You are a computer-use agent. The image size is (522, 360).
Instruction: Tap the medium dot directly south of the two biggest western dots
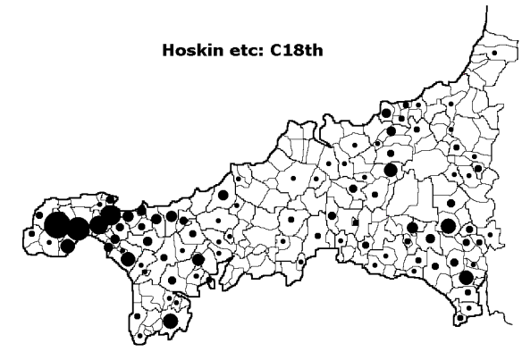(x=68, y=246)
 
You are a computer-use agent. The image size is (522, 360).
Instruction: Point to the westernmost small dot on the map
(x=32, y=234)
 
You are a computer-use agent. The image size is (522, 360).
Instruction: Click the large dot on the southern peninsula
(x=170, y=321)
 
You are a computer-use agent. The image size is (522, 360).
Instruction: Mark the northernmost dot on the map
(x=494, y=54)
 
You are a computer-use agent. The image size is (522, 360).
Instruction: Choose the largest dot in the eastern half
(x=449, y=225)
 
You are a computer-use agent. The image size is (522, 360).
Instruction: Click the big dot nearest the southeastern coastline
(x=466, y=278)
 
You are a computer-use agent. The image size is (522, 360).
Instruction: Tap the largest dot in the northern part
(x=391, y=170)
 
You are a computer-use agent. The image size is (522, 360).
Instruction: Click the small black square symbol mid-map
(x=355, y=222)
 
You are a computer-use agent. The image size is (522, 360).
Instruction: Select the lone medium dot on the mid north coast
(x=223, y=195)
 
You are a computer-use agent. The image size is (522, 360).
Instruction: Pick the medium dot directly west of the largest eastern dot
(x=412, y=228)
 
